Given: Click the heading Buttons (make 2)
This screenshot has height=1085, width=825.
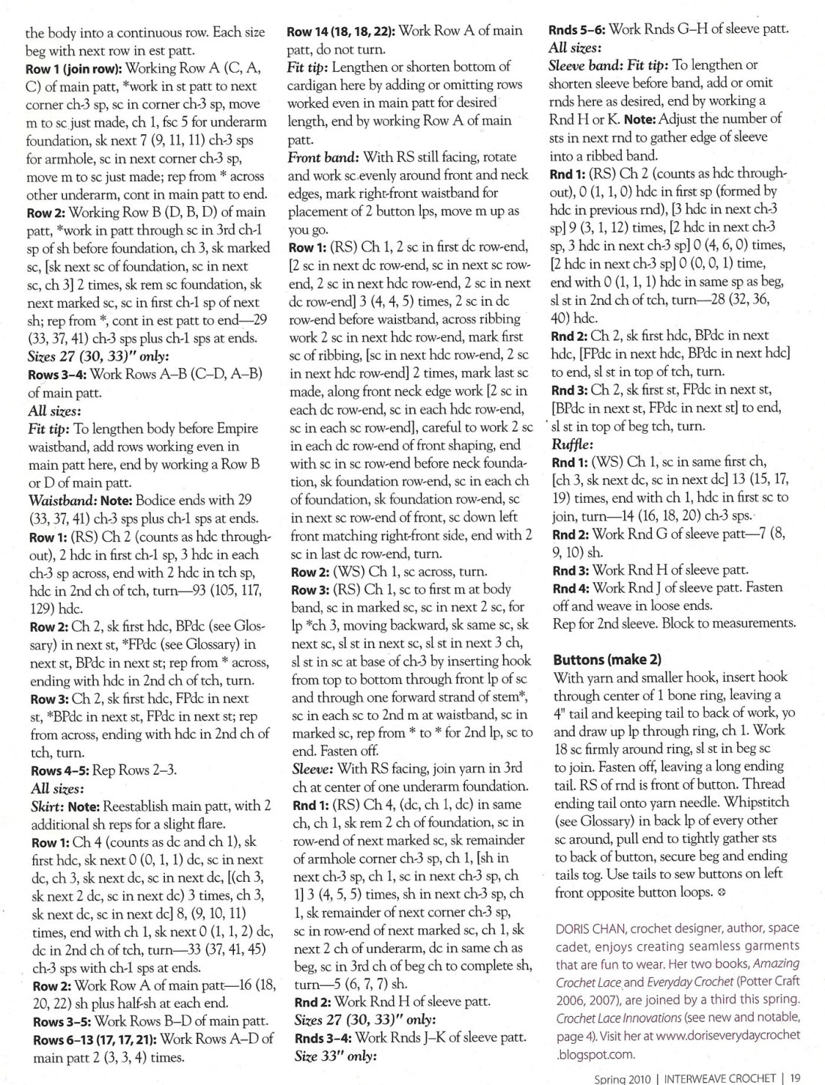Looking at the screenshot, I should pos(607,659).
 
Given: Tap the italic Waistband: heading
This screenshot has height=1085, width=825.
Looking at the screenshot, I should pos(56,500).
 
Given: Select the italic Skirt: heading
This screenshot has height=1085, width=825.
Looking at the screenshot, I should pos(48,806).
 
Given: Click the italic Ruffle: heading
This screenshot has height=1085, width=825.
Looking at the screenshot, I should pos(572,444).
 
